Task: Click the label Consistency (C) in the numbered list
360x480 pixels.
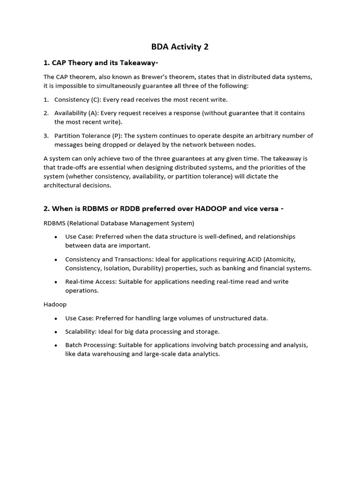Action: pyautogui.click(x=77, y=99)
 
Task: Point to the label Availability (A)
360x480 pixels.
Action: pyautogui.click(x=76, y=113)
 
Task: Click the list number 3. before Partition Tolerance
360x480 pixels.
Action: pyautogui.click(x=46, y=135)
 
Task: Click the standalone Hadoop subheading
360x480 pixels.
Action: pyautogui.click(x=55, y=304)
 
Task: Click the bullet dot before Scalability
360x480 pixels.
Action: pyautogui.click(x=55, y=332)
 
